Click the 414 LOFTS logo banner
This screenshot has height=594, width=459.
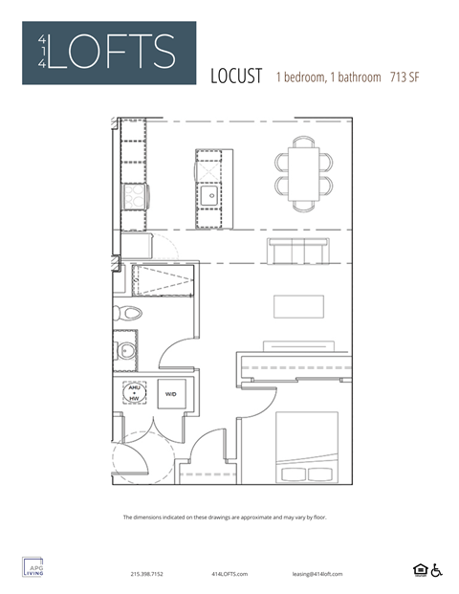coord(109,53)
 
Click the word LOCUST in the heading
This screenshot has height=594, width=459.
coord(235,77)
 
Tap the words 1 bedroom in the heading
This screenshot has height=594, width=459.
coord(302,77)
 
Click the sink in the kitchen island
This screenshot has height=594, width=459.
coord(209,194)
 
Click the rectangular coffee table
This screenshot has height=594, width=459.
coord(298,306)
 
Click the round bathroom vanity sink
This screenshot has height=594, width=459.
coord(125,351)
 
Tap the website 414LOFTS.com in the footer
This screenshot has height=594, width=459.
coord(229,574)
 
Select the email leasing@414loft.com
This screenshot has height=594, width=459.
coord(317,574)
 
